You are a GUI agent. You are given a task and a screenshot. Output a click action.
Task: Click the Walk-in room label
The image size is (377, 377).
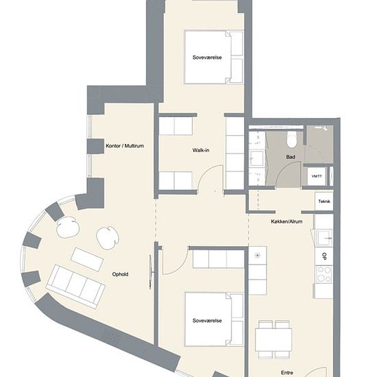click(201, 151)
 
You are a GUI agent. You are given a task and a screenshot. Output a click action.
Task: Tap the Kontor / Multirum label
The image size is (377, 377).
click(125, 146)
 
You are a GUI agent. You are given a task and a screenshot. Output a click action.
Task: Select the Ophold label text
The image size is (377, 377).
click(120, 274)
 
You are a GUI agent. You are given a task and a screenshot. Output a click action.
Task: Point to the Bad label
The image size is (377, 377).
click(291, 157)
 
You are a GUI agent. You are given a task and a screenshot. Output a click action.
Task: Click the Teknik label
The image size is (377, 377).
click(324, 202)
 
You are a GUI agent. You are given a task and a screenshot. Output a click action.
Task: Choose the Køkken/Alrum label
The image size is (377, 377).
click(287, 221)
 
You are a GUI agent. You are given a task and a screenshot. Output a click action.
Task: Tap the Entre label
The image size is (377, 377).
click(287, 373)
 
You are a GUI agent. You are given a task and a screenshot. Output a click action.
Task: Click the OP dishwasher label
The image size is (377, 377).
click(324, 256)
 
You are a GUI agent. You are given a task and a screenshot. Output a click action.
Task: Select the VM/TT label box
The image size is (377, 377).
click(317, 176)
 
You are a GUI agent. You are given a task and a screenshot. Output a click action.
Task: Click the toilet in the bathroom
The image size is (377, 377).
click(292, 139)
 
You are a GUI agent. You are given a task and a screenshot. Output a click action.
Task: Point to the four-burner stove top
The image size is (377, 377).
click(324, 274)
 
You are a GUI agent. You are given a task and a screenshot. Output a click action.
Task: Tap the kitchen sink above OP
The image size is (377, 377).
click(325, 238)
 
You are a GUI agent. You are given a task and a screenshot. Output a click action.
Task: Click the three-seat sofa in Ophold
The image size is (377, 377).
click(76, 287)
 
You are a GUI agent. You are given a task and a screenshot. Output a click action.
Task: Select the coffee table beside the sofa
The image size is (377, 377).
click(87, 259)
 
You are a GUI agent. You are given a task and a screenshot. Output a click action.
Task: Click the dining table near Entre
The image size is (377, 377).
click(273, 340)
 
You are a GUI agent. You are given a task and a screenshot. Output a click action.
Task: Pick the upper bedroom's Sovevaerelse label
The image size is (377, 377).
click(207, 58)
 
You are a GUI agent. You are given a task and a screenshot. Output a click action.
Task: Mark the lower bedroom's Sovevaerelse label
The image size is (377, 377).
click(207, 321)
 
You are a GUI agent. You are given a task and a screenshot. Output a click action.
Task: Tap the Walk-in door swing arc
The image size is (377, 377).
click(207, 172)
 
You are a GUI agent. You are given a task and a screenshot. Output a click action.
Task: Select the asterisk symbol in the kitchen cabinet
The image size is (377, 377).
click(257, 256)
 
